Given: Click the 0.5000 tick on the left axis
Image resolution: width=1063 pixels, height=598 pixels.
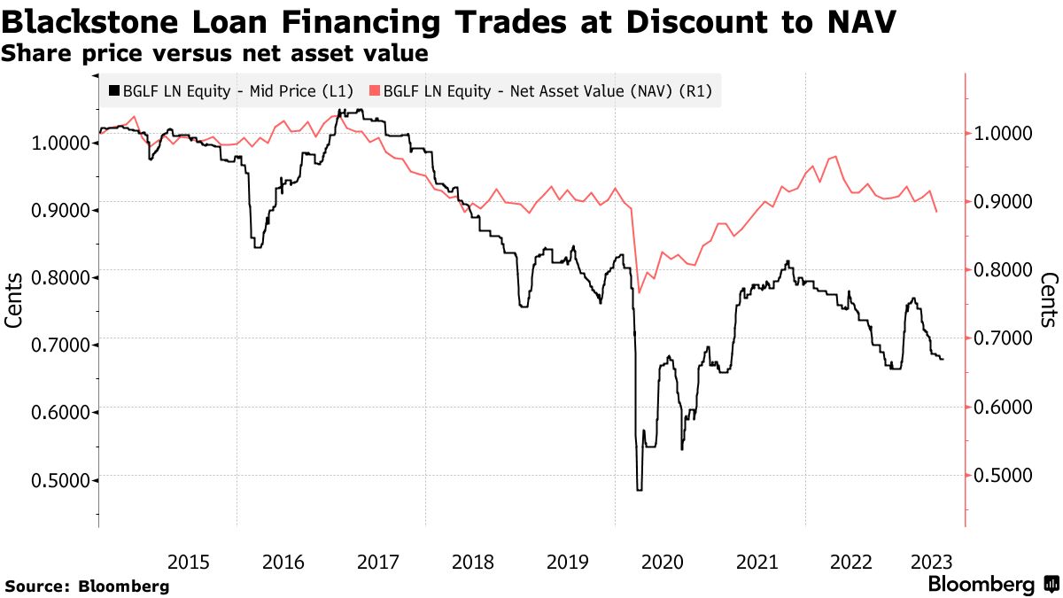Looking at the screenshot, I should point(56,479).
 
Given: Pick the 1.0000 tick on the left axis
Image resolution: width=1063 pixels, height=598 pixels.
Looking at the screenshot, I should point(56,143).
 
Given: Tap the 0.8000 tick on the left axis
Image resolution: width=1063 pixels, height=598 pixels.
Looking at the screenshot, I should point(56,277).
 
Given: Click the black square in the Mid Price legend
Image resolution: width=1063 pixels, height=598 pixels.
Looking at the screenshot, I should point(113,90).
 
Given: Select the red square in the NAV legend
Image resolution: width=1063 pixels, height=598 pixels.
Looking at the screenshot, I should point(375,90).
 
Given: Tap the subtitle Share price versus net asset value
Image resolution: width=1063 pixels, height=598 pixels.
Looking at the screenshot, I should point(215,53).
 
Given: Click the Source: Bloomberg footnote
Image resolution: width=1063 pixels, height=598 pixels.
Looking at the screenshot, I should point(87,586).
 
